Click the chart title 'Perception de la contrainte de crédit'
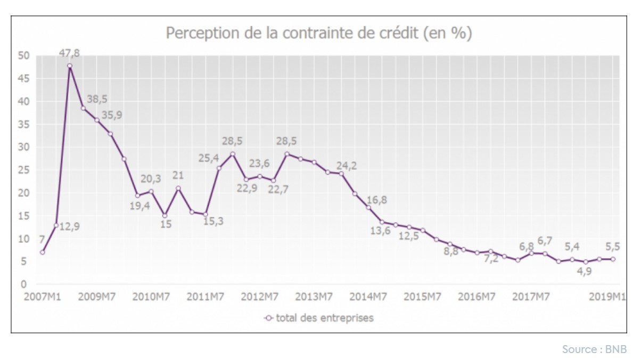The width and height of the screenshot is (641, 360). tap(319, 33)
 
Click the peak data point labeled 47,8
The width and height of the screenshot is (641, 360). tap(70, 66)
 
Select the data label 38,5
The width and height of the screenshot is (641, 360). tap(97, 99)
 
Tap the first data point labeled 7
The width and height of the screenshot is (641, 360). tap(42, 252)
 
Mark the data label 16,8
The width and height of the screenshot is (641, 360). tap(377, 200)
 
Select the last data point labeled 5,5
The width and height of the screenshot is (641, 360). tap(613, 259)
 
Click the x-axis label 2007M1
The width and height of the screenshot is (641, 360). tap(42, 297)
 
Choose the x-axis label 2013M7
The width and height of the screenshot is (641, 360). tap(314, 297)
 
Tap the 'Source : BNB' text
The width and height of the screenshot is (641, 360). tap(594, 349)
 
